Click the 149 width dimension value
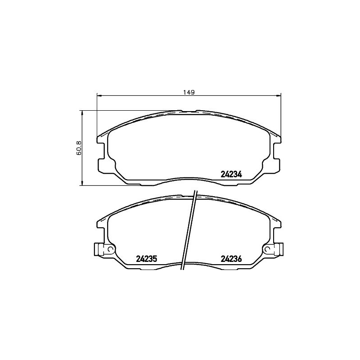point(189,92)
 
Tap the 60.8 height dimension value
point(78,148)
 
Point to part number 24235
point(146,259)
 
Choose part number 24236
point(231,259)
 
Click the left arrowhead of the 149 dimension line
point(99,95)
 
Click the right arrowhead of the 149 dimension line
point(278,95)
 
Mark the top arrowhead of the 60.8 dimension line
point(82,113)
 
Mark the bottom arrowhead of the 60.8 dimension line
point(82,183)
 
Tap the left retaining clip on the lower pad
point(99,249)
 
